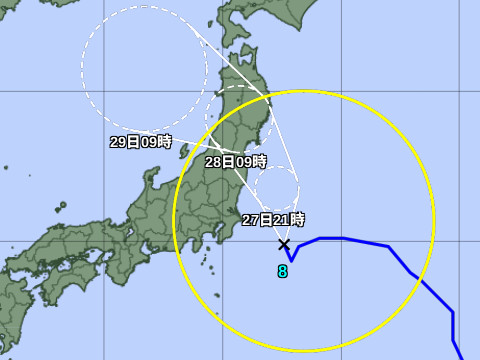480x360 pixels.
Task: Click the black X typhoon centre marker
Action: (284, 244)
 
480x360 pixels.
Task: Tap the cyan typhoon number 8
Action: (283, 270)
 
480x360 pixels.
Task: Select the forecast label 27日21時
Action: (273, 219)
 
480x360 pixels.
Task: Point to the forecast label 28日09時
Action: (236, 161)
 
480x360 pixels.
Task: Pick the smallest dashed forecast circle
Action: (277, 189)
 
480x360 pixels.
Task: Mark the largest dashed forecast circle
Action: (144, 68)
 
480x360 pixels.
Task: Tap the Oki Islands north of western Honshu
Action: (61, 210)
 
